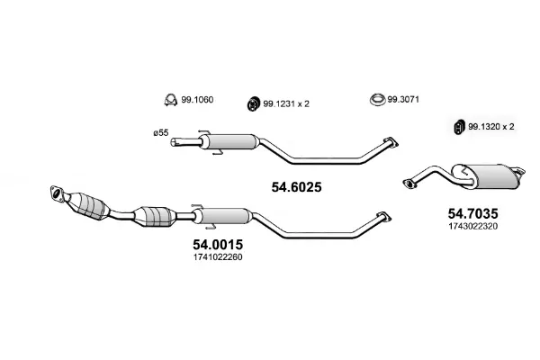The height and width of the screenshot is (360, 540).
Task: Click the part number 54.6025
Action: (x=296, y=187)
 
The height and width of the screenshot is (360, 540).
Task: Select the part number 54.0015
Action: (x=218, y=244)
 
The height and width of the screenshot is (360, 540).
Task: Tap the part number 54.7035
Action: (x=472, y=213)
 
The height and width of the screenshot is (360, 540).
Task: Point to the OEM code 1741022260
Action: (x=218, y=257)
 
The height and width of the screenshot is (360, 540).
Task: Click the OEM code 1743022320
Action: (x=472, y=226)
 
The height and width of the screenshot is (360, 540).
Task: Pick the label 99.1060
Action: (x=197, y=100)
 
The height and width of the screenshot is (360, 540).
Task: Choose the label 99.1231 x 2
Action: (x=286, y=103)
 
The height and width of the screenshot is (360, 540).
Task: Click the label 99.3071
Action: (x=403, y=100)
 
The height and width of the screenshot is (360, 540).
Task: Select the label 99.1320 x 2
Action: (x=491, y=127)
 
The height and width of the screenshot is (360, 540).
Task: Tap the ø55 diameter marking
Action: (x=161, y=132)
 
